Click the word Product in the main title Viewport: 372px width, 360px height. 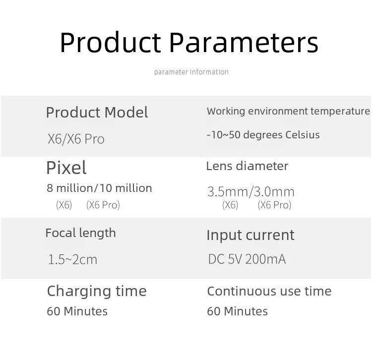coord(111,43)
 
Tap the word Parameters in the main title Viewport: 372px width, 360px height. coord(244,43)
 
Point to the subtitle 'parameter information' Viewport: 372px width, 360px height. coord(191,72)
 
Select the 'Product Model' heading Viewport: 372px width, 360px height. coord(97,112)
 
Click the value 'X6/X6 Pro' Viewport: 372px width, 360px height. coord(76,139)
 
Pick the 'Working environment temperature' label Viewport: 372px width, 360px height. coord(288,111)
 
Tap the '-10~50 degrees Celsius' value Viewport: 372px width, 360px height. coord(263,135)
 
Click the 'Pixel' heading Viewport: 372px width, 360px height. coord(66,168)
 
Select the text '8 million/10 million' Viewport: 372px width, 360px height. coord(99,188)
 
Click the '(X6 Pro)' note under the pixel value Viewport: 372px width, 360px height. coord(103,205)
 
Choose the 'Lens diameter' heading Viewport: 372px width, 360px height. coord(247,166)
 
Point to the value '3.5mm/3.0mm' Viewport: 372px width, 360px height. coord(251,191)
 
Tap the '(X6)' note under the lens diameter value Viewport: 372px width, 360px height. coord(230,205)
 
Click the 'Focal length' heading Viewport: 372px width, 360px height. coord(81,233)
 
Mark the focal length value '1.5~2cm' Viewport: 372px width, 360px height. coord(72,259)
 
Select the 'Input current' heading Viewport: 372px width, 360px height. coord(250,236)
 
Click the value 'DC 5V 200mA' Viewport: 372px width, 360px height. coord(247,259)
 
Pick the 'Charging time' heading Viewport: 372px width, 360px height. coord(97,292)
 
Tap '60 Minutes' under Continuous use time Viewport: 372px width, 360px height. coord(237,311)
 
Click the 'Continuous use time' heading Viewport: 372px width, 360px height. coord(269,291)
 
